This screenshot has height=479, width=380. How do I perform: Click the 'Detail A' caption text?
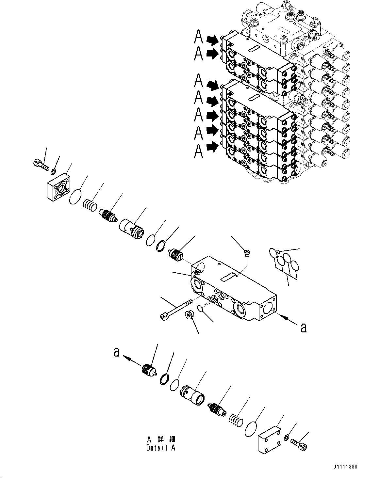[x=161, y=448]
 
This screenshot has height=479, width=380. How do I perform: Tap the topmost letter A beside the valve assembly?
[x=198, y=37]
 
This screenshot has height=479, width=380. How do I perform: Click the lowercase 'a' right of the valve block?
[x=304, y=328]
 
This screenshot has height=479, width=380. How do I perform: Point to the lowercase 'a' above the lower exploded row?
[x=116, y=353]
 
